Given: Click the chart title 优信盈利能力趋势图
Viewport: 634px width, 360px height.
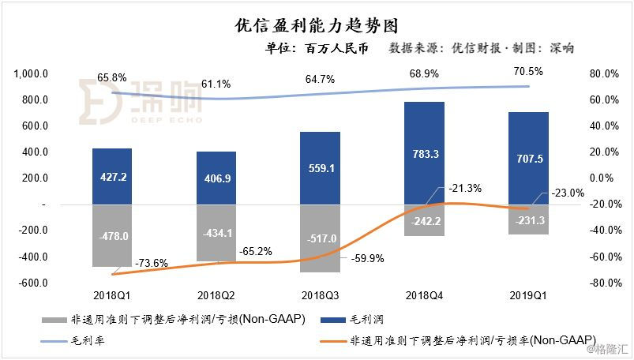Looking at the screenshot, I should pyautogui.click(x=316, y=24).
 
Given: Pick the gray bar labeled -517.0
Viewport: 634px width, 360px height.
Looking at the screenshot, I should pyautogui.click(x=320, y=238).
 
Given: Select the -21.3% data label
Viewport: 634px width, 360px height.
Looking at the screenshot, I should pyautogui.click(x=466, y=188).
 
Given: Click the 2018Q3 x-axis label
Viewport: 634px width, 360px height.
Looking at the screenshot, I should pyautogui.click(x=320, y=294).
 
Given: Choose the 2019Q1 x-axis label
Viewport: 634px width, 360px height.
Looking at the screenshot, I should pyautogui.click(x=528, y=294).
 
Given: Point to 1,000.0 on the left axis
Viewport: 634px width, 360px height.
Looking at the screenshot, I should pyautogui.click(x=32, y=74).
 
